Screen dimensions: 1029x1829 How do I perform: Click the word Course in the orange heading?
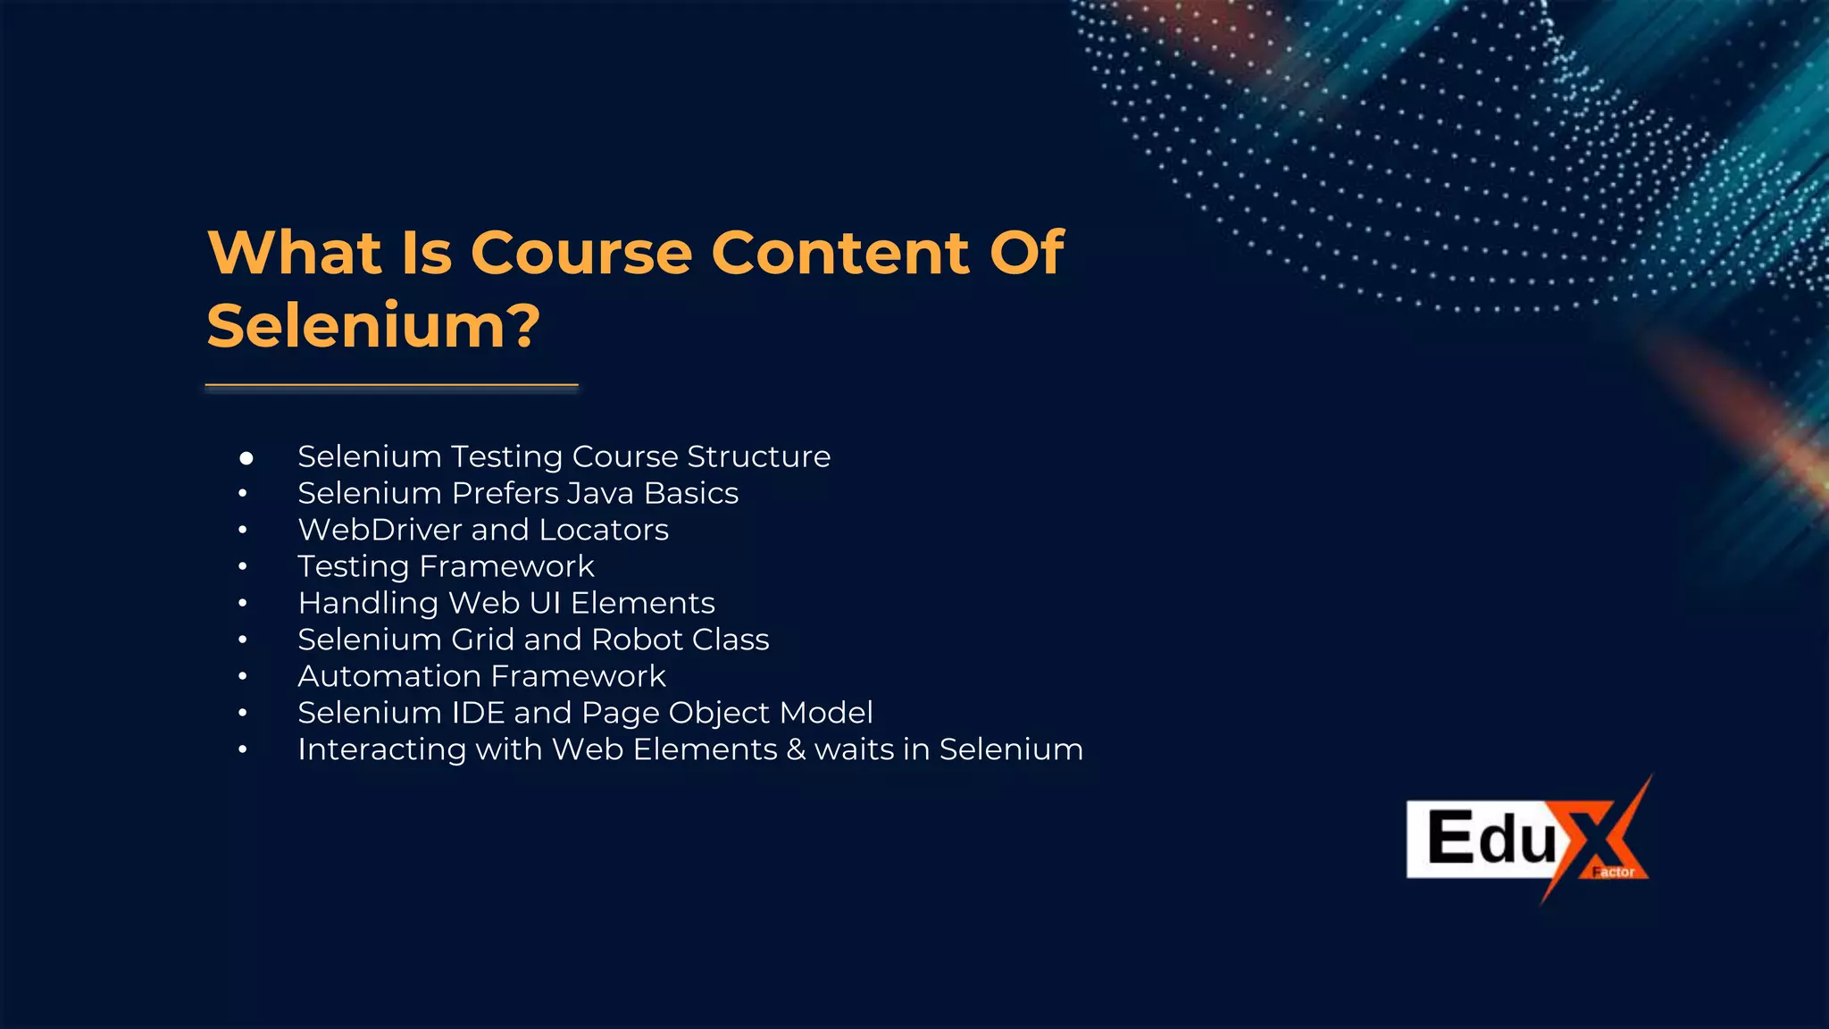[581, 253]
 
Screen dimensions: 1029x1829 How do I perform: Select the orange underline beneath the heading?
[391, 386]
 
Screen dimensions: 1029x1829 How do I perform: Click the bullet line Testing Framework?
[446, 566]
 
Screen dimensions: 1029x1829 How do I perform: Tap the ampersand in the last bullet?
[796, 749]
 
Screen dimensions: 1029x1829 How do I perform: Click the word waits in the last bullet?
[854, 749]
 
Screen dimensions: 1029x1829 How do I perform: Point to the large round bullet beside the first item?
[246, 458]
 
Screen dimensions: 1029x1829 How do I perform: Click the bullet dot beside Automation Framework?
[243, 677]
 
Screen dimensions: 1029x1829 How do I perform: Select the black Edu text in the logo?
[1491, 838]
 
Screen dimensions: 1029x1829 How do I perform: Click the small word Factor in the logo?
[1615, 872]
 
